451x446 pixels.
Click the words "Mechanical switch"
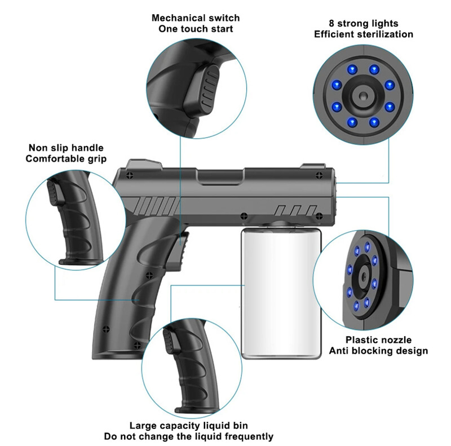[x=196, y=18]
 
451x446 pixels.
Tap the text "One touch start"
[x=196, y=29]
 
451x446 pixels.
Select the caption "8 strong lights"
[x=364, y=24]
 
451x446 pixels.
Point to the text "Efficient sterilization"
[x=364, y=34]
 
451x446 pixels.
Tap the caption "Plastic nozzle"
[x=378, y=340]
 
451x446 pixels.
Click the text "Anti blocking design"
[x=378, y=351]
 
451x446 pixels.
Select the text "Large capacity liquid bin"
[x=188, y=426]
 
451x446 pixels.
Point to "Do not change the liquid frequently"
[x=188, y=436]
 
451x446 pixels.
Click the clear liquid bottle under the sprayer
[x=280, y=293]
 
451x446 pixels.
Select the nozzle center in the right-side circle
[x=361, y=276]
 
